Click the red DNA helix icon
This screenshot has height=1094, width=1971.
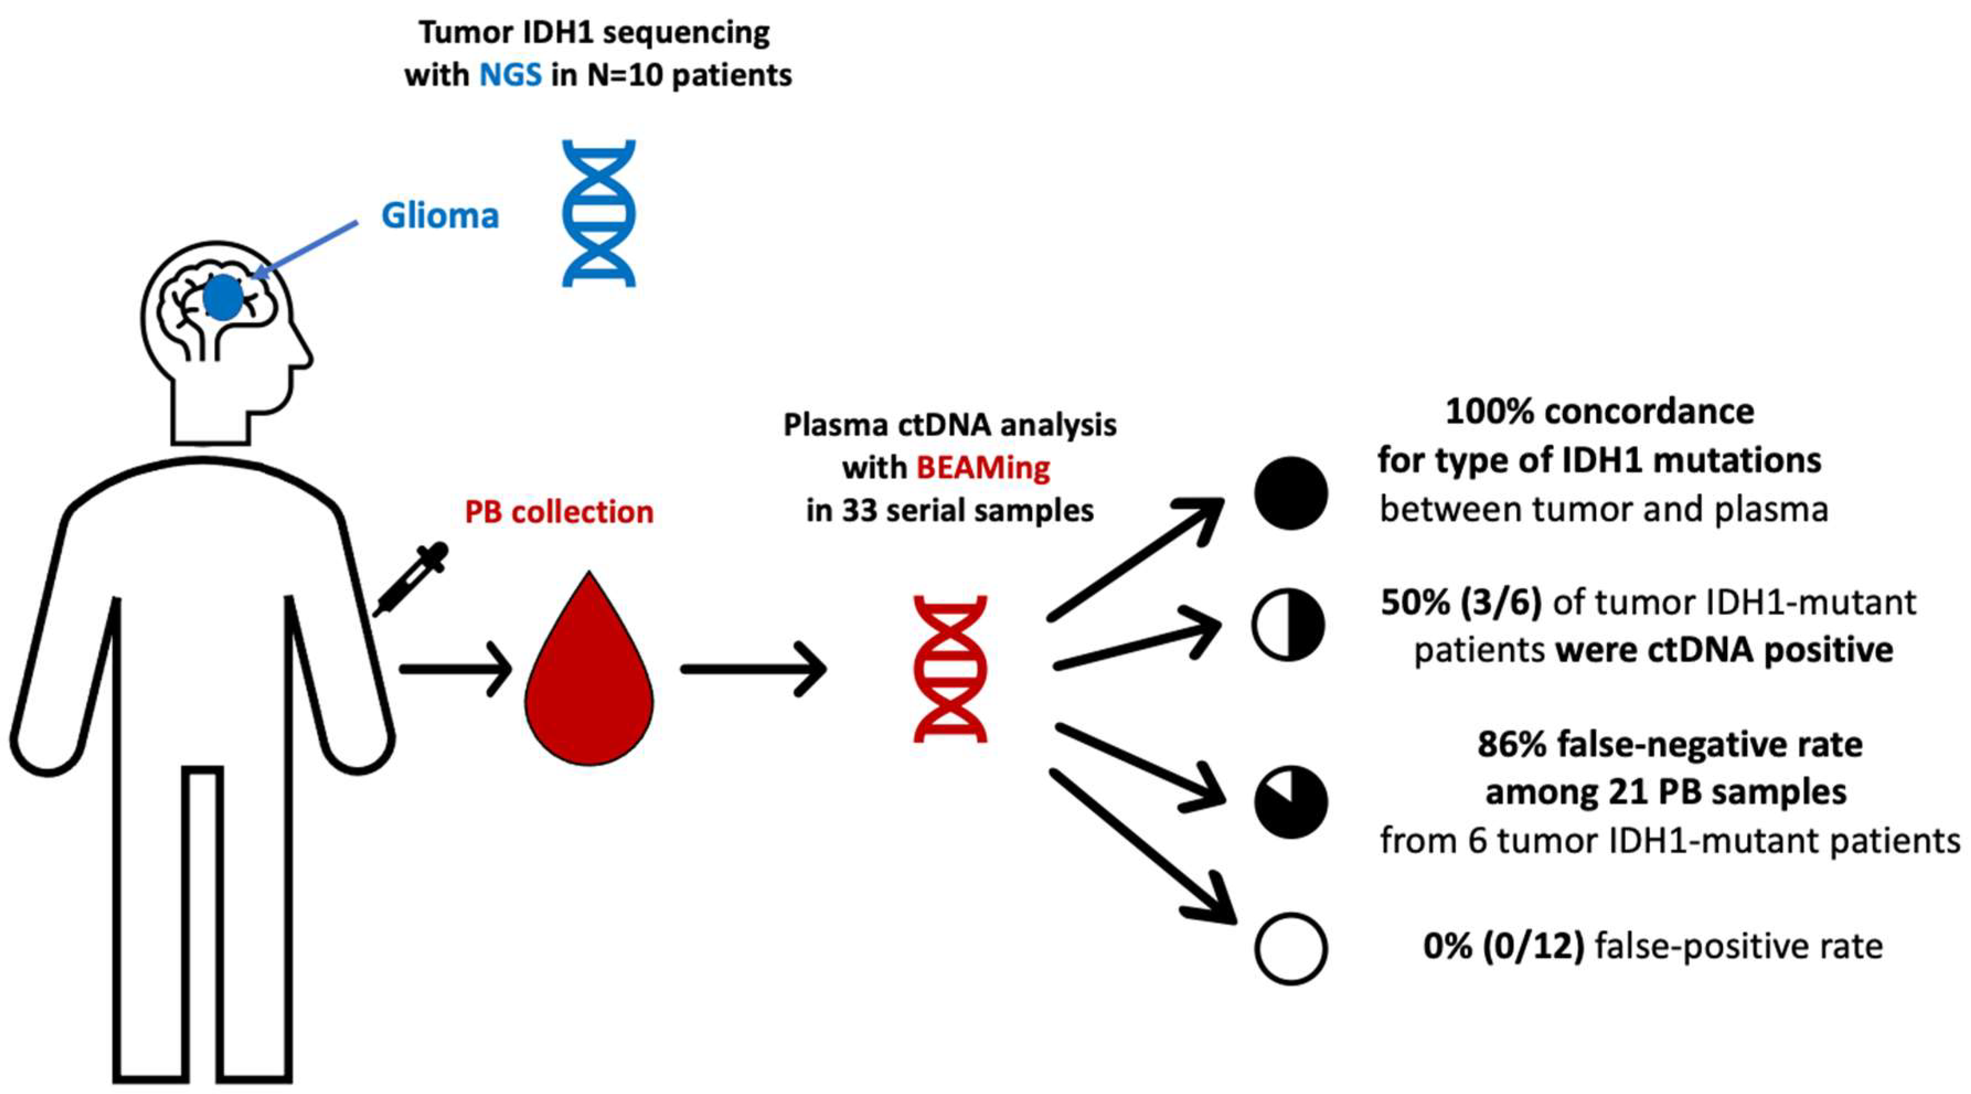tap(950, 669)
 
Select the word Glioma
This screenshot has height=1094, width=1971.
tap(440, 216)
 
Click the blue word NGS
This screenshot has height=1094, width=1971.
tap(510, 75)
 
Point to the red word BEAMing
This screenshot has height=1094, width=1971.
tap(983, 467)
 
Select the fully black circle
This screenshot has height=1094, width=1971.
tap(1290, 493)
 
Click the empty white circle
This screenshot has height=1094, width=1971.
tap(1290, 949)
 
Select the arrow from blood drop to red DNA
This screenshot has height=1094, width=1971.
tap(754, 669)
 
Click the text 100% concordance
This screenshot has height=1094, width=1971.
tap(1599, 412)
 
